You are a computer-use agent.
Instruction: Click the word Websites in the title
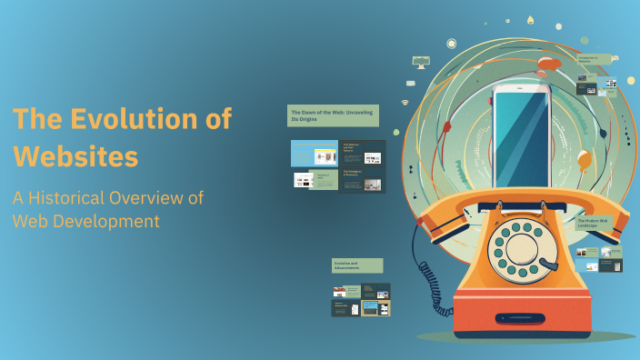[x=75, y=155]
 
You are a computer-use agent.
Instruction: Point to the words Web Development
[x=86, y=221]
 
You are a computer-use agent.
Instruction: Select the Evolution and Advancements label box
[x=357, y=265]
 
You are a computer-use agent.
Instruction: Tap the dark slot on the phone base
[x=520, y=318]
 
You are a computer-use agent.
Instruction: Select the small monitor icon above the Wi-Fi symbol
[x=420, y=62]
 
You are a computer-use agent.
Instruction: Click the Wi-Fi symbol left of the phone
[x=405, y=104]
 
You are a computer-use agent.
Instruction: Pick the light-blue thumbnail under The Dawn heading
[x=314, y=154]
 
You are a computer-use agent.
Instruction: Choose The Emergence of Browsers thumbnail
[x=362, y=180]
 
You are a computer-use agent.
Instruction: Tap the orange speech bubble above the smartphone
[x=547, y=64]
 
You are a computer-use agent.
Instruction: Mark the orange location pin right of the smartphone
[x=584, y=162]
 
